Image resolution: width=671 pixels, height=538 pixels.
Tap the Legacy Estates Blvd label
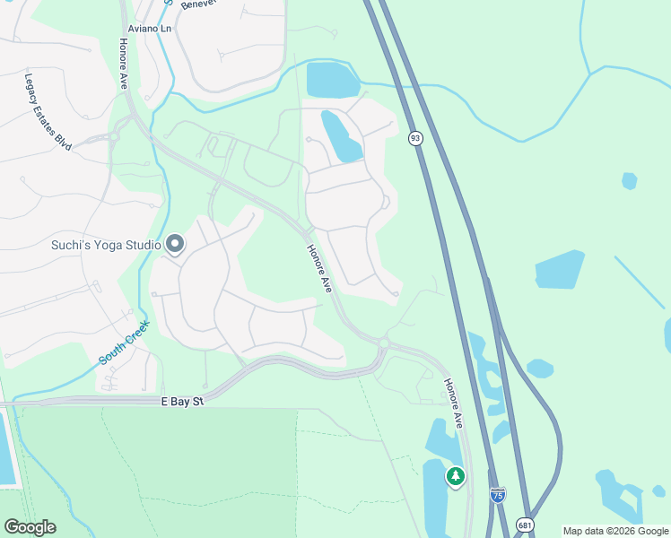click(x=48, y=111)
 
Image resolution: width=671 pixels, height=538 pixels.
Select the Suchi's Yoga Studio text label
click(x=106, y=244)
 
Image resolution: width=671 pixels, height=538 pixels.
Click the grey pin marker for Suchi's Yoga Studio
click(x=175, y=243)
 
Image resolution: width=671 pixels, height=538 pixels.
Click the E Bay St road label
click(x=182, y=402)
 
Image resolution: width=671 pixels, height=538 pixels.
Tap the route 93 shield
click(x=414, y=137)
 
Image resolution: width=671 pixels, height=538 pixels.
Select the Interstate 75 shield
click(x=498, y=494)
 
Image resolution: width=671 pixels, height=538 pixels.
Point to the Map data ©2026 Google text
click(x=614, y=531)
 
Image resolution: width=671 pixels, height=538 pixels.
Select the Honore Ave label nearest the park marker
click(x=453, y=402)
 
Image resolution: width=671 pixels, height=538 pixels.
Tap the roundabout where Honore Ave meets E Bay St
click(x=384, y=343)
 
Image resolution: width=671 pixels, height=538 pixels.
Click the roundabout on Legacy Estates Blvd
click(x=114, y=136)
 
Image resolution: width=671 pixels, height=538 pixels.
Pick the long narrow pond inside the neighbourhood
click(x=342, y=136)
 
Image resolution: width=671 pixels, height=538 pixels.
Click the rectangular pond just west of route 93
click(x=333, y=79)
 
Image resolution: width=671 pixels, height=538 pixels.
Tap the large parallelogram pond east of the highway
click(x=559, y=270)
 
